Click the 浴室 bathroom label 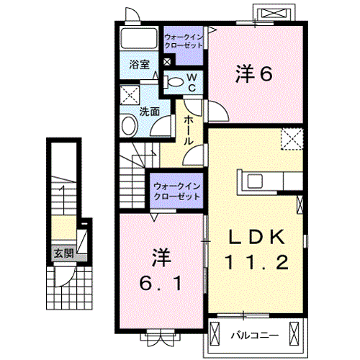pyautogui.click(x=139, y=64)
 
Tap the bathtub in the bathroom pyautogui.click(x=139, y=38)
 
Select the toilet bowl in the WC pyautogui.click(x=174, y=82)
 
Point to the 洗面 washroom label pyautogui.click(x=150, y=112)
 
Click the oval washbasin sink pyautogui.click(x=130, y=125)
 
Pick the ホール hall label pyautogui.click(x=189, y=130)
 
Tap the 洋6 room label pyautogui.click(x=254, y=74)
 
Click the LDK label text pyautogui.click(x=256, y=237)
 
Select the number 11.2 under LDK pyautogui.click(x=256, y=262)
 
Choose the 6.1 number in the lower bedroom pyautogui.click(x=160, y=284)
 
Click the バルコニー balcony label pyautogui.click(x=255, y=335)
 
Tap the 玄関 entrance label pyautogui.click(x=64, y=253)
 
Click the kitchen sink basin pyautogui.click(x=255, y=181)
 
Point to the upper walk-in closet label pyautogui.click(x=184, y=41)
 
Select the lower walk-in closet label pyautogui.click(x=177, y=192)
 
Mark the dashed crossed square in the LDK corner pyautogui.click(x=292, y=139)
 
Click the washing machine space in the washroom pyautogui.click(x=130, y=95)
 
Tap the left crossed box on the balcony pyautogui.click(x=215, y=333)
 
